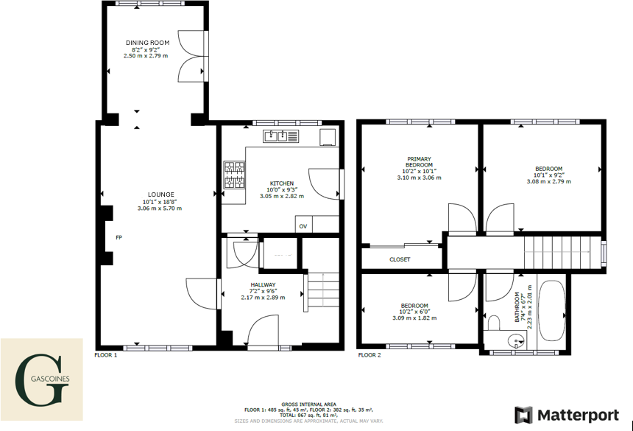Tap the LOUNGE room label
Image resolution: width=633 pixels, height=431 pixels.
click(x=158, y=195)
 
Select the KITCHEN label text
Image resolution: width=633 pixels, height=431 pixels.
click(x=281, y=183)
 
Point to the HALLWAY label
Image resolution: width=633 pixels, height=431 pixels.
click(x=263, y=284)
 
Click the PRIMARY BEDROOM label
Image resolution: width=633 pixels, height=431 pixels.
click(x=419, y=162)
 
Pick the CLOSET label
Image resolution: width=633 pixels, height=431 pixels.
click(x=400, y=259)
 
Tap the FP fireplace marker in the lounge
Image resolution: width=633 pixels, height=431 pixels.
click(x=119, y=237)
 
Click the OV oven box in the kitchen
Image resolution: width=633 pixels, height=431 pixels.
click(x=303, y=226)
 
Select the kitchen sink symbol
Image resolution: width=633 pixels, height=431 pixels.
click(x=280, y=136)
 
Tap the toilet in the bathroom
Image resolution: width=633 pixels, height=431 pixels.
click(x=493, y=321)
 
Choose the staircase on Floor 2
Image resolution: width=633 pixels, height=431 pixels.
click(x=559, y=253)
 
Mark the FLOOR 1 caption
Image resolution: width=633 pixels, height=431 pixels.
click(x=105, y=355)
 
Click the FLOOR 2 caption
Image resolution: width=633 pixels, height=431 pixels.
click(x=369, y=355)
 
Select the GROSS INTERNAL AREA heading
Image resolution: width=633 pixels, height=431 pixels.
click(x=308, y=404)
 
